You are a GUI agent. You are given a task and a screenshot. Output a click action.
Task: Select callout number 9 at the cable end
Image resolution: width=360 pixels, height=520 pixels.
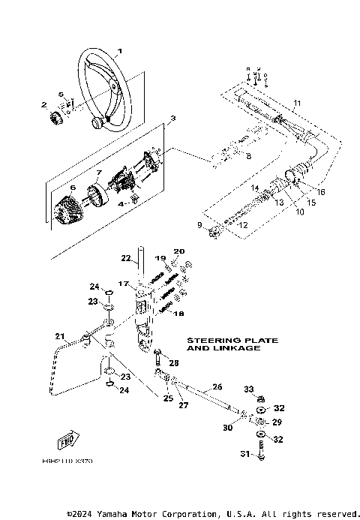[199, 225]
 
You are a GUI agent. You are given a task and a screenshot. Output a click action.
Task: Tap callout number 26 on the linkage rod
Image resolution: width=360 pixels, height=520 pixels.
[217, 386]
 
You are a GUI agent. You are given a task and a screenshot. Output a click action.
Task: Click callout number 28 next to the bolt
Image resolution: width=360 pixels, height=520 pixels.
[174, 362]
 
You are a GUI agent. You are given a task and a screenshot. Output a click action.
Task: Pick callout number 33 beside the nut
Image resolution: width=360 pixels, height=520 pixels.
[250, 389]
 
